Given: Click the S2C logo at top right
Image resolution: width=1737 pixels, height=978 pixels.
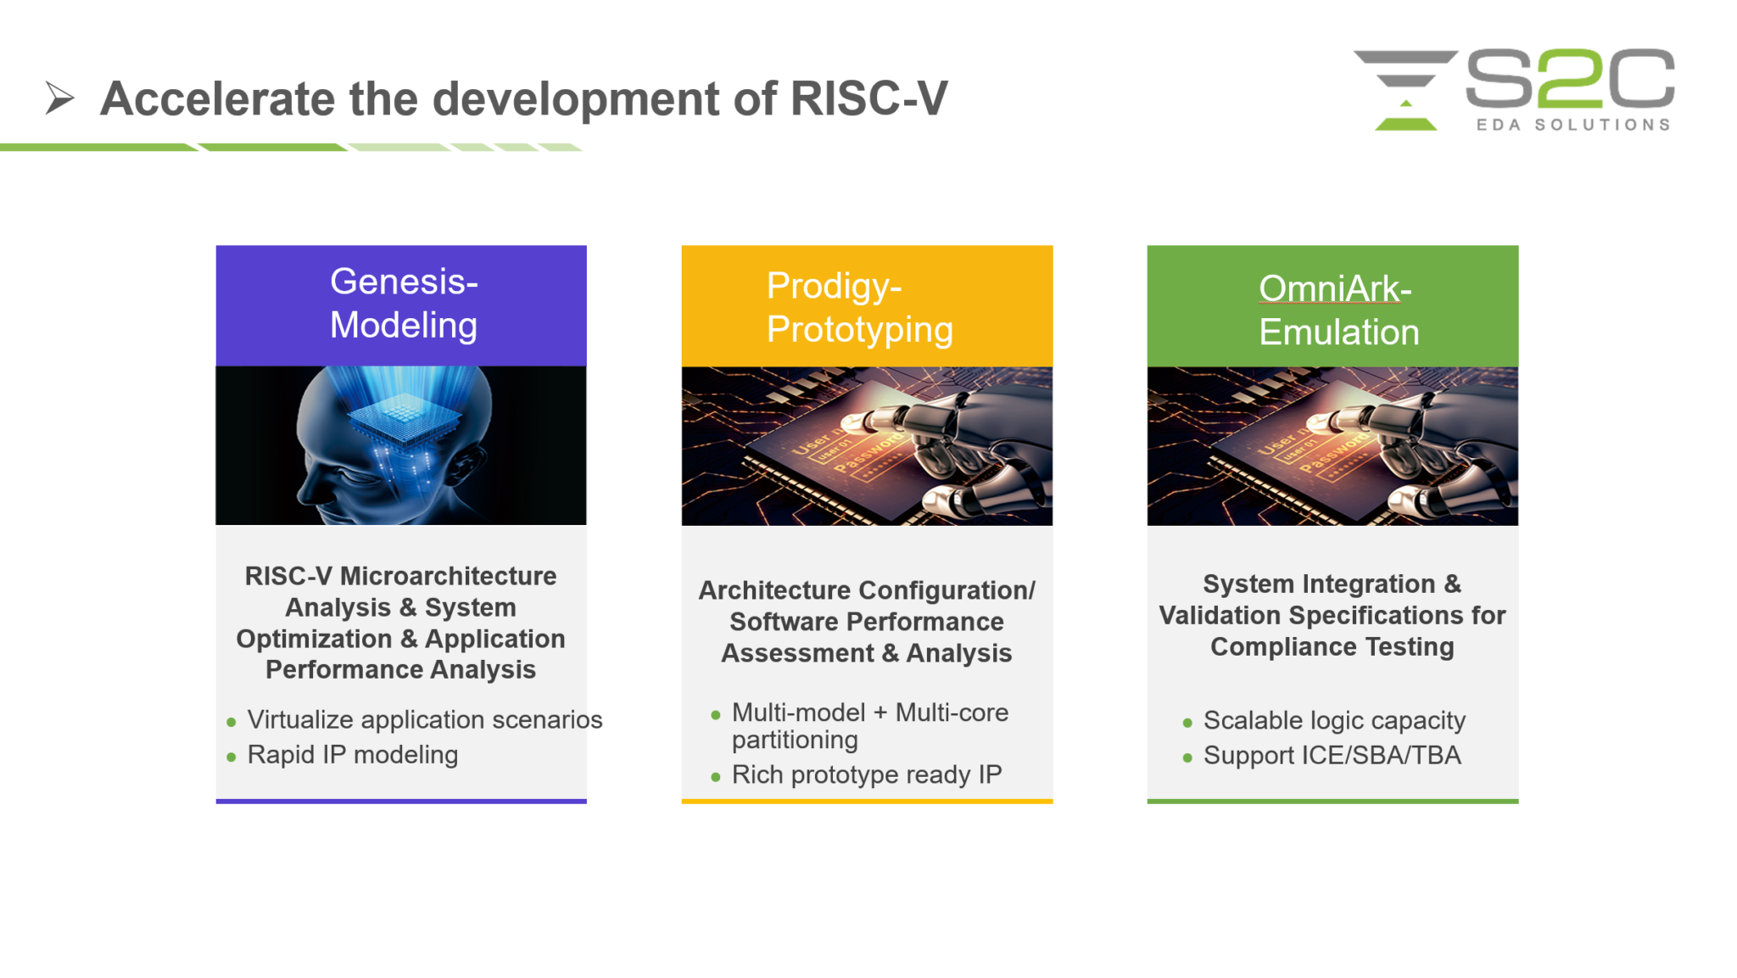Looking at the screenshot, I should (x=1514, y=89).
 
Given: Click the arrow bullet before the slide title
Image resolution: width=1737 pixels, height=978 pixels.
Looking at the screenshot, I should (x=59, y=98).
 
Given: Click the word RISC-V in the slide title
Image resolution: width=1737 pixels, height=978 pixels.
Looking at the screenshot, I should (x=868, y=98).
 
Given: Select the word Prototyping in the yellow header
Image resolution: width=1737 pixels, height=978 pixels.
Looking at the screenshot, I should (x=859, y=330).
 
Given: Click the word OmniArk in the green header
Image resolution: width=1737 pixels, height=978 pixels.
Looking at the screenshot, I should (x=1329, y=288).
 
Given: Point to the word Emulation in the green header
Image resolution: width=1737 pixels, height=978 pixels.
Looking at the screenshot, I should (x=1338, y=333).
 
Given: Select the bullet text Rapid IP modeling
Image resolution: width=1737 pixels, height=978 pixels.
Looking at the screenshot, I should (x=352, y=755).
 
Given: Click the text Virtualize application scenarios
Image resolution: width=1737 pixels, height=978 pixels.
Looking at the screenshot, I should (x=424, y=720).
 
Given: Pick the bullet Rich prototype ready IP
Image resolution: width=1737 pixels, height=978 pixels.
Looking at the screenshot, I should (x=866, y=774).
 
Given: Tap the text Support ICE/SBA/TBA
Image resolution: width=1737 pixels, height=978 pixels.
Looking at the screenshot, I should (x=1332, y=756).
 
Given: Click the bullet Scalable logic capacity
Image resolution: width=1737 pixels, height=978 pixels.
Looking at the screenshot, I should (x=1333, y=721).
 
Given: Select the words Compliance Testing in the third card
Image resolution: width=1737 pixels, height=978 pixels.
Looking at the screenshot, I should (x=1332, y=647).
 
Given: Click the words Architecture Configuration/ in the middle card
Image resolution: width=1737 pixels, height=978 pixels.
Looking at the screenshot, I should (x=866, y=590).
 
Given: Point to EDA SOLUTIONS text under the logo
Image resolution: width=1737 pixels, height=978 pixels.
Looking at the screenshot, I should (x=1572, y=125).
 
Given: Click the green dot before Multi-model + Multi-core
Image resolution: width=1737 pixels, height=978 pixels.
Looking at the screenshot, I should (x=716, y=715).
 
